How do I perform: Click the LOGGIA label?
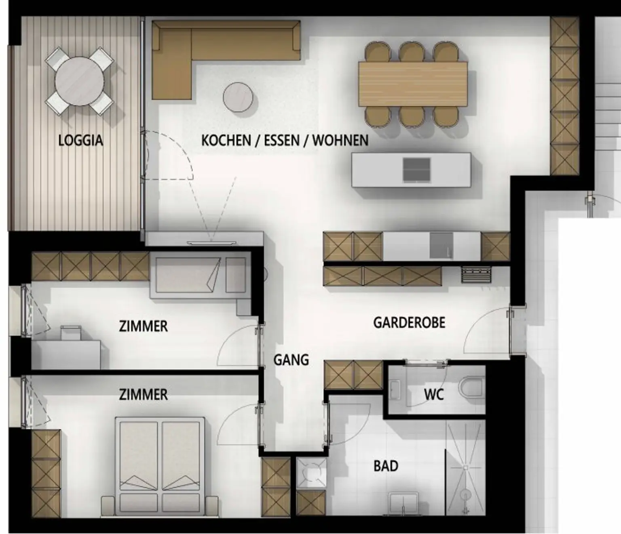80,141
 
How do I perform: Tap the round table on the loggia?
80,81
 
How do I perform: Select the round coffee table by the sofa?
238,97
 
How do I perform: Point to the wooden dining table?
413,84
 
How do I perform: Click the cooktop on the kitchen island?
416,170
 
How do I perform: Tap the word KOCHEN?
226,141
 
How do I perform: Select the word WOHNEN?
340,141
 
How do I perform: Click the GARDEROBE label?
409,323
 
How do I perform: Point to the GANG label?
291,360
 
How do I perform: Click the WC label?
434,395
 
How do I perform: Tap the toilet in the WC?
472,390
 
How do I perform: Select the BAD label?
386,466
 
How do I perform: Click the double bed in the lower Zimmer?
160,467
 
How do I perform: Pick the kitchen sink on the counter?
441,246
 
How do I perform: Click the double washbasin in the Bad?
403,504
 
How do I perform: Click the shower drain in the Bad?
465,468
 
